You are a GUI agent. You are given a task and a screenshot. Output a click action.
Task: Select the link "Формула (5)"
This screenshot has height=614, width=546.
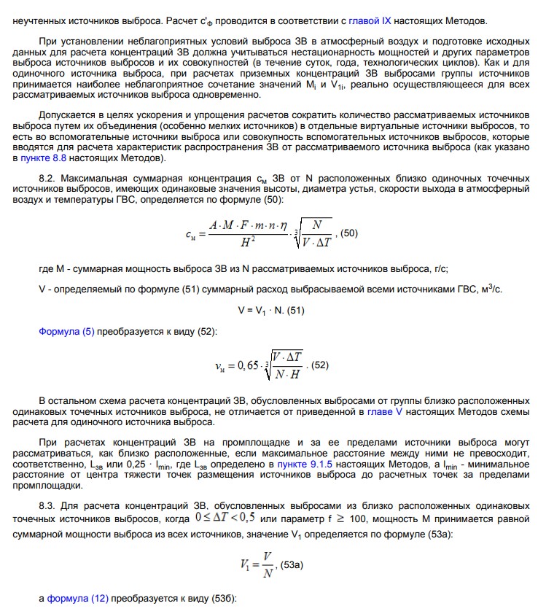(66, 331)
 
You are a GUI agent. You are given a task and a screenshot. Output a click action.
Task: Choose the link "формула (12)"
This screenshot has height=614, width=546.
(78, 599)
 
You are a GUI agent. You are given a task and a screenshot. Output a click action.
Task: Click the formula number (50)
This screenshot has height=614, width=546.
(349, 233)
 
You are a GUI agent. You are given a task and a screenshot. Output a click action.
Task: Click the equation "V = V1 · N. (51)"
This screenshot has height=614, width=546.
(271, 310)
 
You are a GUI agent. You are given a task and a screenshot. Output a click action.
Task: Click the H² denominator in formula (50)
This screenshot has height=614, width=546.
(248, 242)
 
